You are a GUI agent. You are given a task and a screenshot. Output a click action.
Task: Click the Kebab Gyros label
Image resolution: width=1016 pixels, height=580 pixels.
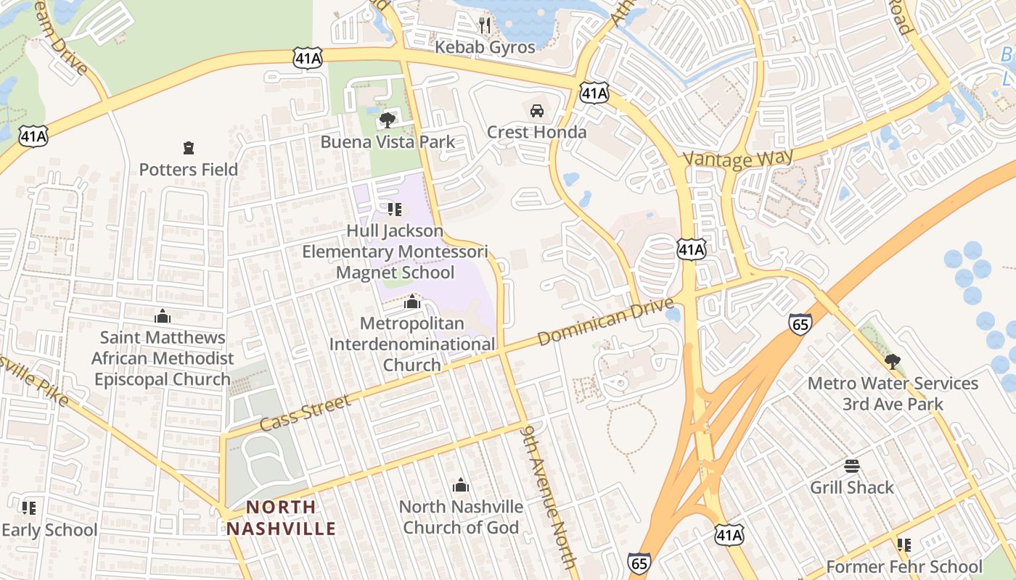(x=485, y=48)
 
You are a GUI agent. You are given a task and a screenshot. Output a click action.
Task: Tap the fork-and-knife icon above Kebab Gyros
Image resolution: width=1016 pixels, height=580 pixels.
(x=485, y=25)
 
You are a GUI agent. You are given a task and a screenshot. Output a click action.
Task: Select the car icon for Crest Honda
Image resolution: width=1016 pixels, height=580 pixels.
(x=536, y=111)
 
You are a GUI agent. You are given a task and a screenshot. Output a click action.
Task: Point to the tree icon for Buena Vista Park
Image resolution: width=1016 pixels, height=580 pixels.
(x=388, y=120)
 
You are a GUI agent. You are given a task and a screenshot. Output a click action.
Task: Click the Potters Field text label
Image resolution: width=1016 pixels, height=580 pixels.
(x=189, y=170)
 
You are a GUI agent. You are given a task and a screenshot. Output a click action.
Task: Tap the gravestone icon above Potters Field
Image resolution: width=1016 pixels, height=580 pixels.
(x=189, y=149)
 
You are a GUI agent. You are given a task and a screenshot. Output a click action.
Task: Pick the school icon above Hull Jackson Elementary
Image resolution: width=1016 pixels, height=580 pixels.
(x=395, y=210)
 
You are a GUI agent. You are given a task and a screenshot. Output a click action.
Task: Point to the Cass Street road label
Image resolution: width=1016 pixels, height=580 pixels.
(x=305, y=413)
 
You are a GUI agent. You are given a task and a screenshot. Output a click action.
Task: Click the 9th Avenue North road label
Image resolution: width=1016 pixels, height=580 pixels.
(x=549, y=496)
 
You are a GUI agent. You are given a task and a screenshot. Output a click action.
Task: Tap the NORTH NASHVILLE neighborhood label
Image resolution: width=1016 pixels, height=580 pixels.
(x=281, y=518)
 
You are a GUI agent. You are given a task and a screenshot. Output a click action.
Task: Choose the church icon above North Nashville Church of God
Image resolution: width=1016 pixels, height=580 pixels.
(x=461, y=485)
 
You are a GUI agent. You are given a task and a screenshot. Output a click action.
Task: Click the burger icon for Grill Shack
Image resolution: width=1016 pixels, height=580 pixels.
(x=852, y=465)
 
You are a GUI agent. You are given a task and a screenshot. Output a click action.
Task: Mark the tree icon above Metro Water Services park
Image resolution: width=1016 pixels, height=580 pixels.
(x=893, y=361)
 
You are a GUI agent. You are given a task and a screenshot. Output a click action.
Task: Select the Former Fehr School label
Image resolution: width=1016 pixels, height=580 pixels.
(x=904, y=567)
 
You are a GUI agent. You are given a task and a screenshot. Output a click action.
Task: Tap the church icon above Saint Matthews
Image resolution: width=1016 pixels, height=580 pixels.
(x=163, y=316)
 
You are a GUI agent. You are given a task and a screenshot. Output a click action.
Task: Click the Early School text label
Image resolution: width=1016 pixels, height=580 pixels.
(x=49, y=530)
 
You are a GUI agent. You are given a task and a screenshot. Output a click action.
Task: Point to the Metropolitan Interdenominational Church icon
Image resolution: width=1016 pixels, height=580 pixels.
(x=412, y=302)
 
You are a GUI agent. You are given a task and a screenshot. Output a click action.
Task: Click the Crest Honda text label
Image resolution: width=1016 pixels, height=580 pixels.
(x=536, y=132)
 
